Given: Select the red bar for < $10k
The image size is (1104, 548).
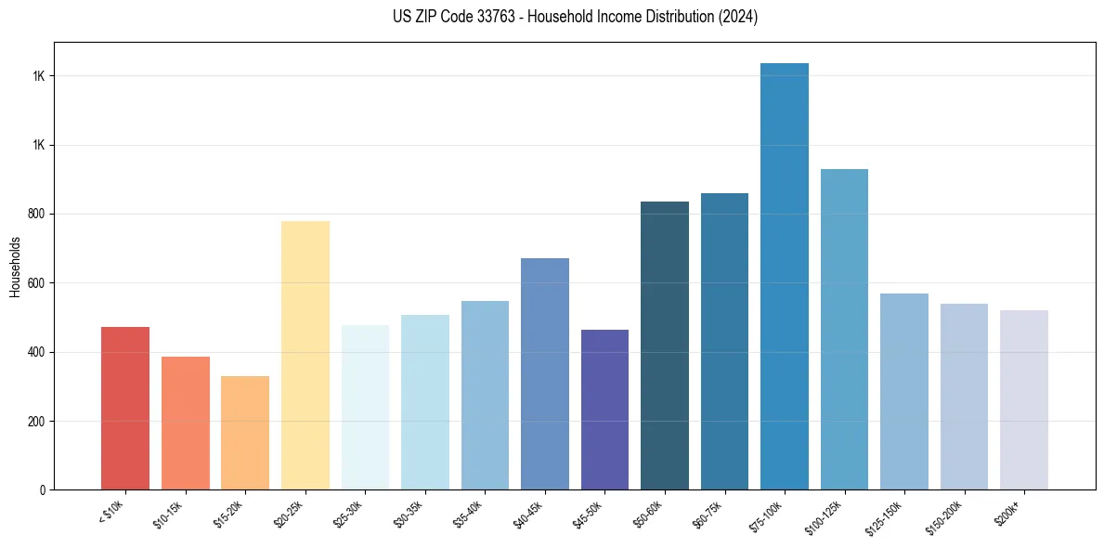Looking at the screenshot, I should click(125, 409).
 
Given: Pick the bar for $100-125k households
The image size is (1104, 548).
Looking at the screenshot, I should click(844, 330).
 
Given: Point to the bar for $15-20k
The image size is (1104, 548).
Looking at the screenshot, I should click(245, 433).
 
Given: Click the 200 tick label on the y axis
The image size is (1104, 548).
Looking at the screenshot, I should click(37, 422).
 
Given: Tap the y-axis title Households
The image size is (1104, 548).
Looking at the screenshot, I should click(15, 266).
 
